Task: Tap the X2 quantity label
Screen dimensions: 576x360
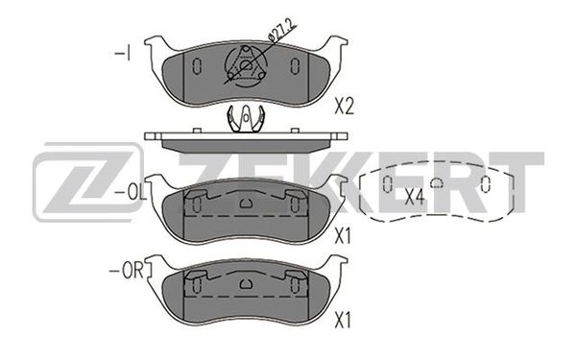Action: (344, 107)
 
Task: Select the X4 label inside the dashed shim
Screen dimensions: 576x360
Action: (415, 197)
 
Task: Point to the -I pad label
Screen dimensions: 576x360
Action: (122, 54)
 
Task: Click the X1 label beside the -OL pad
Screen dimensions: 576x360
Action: (343, 236)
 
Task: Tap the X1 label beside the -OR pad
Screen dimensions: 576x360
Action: (343, 321)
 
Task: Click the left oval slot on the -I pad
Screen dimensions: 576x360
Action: (197, 66)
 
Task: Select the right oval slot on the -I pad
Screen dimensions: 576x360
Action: (295, 66)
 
